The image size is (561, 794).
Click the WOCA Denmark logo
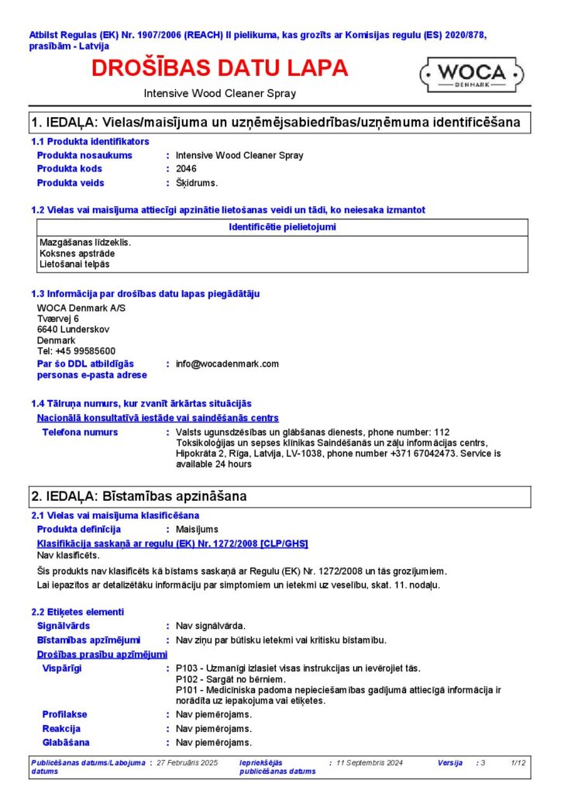(x=472, y=74)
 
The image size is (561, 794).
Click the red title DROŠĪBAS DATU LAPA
(x=219, y=68)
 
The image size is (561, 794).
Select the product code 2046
(x=186, y=169)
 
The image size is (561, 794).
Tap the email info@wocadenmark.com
(x=227, y=364)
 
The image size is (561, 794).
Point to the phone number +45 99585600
(x=77, y=351)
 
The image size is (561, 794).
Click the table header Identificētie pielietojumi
(x=283, y=227)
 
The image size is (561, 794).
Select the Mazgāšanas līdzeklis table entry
(x=85, y=243)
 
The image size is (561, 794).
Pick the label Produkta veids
(x=71, y=183)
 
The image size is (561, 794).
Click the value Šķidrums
(x=197, y=183)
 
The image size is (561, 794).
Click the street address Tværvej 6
(x=58, y=319)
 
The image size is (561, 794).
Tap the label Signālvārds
(x=64, y=626)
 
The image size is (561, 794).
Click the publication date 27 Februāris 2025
(x=187, y=763)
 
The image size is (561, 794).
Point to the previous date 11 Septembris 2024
(x=370, y=763)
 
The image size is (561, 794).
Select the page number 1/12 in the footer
(x=518, y=763)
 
